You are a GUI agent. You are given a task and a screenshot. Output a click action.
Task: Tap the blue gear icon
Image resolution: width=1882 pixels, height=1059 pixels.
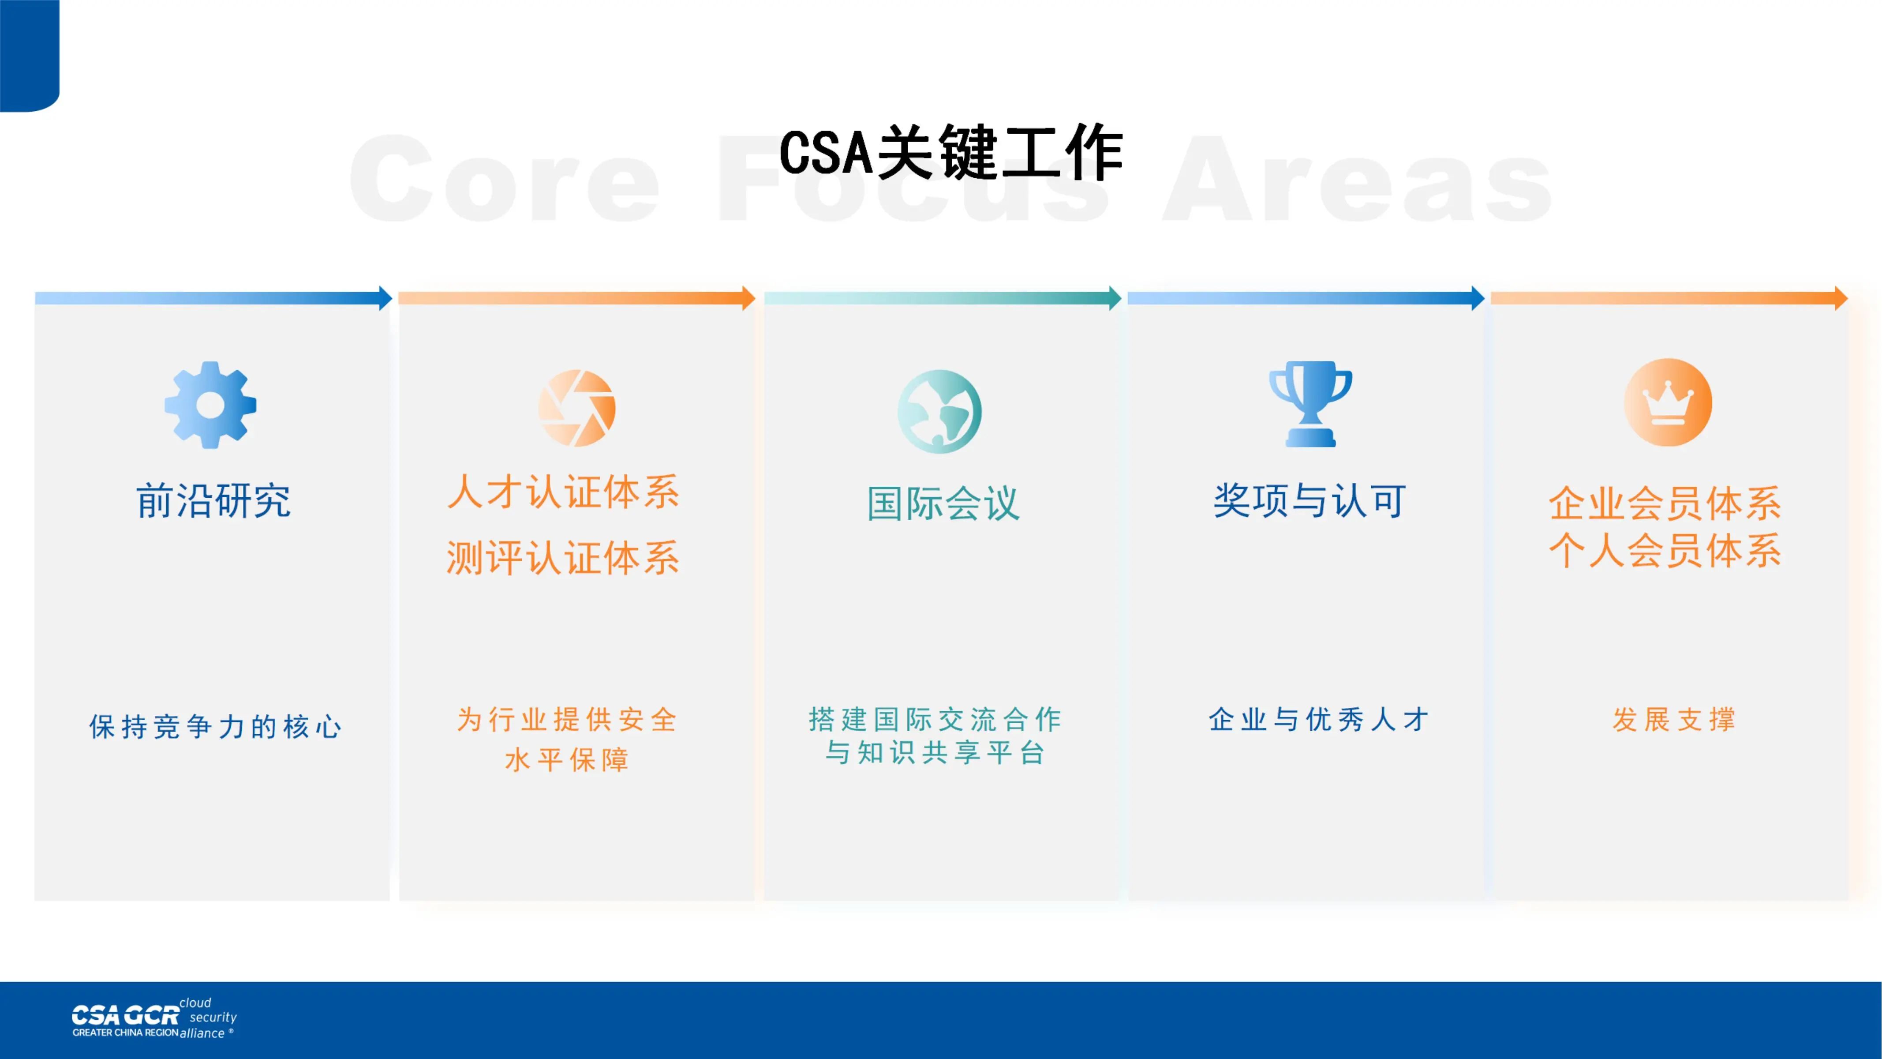pyautogui.click(x=210, y=405)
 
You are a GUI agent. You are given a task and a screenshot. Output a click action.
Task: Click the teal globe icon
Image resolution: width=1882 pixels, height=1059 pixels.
pyautogui.click(x=939, y=412)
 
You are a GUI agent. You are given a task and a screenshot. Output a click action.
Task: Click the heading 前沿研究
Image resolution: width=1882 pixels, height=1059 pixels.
pyautogui.click(x=213, y=501)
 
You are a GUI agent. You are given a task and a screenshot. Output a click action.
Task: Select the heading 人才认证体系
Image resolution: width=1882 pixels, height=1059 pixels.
pyautogui.click(x=563, y=492)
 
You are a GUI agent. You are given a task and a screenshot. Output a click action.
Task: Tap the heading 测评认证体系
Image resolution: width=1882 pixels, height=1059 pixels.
pyautogui.click(x=563, y=558)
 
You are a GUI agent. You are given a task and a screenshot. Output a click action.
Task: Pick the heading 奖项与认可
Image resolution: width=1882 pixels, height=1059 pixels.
pyautogui.click(x=1310, y=501)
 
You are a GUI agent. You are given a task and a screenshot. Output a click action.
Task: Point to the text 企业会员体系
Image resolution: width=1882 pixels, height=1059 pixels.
pyautogui.click(x=1665, y=503)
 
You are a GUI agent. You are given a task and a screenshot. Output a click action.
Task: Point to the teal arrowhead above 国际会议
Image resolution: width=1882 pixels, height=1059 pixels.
pyautogui.click(x=1115, y=298)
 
